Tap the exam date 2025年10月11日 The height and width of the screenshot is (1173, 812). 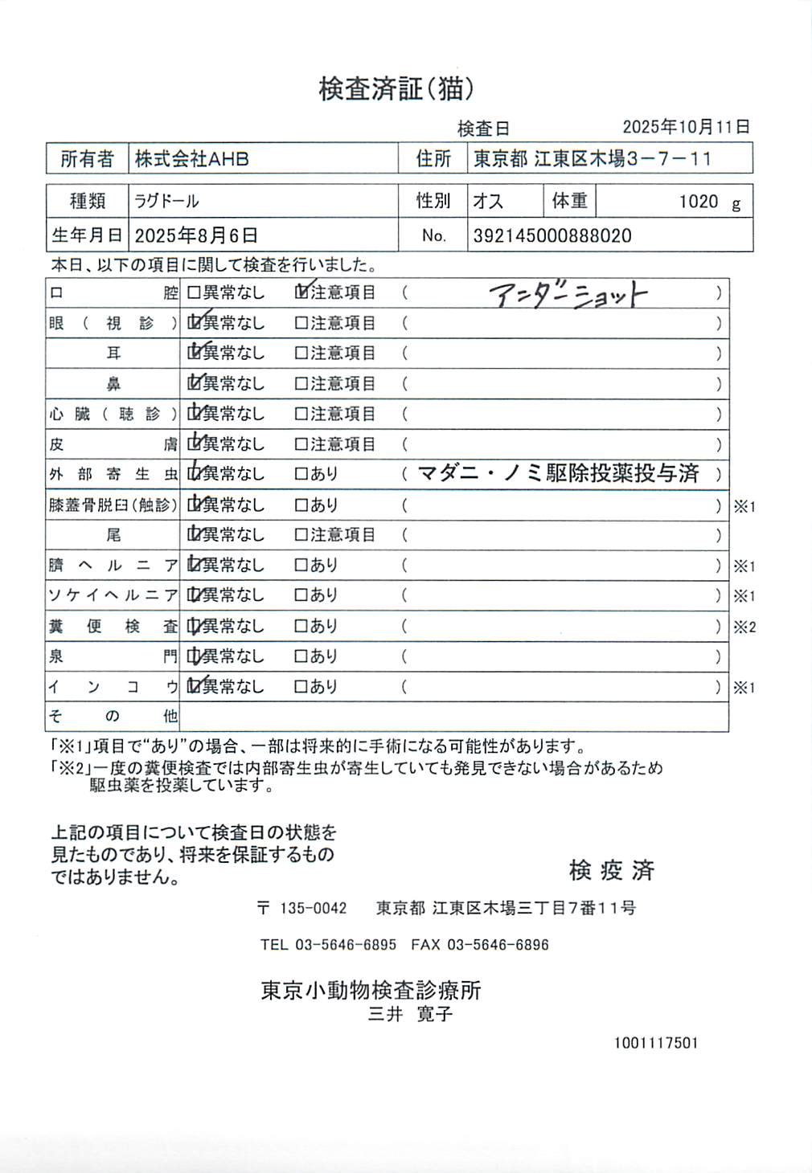[x=686, y=127]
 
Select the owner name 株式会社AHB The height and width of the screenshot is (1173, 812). [x=192, y=159]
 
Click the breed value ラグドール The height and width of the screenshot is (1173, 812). [x=166, y=201]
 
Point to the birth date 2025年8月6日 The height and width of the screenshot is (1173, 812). [x=196, y=235]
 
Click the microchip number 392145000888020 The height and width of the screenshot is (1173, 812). [x=552, y=235]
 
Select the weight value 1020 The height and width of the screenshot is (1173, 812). [x=698, y=202]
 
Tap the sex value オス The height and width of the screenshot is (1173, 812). [x=488, y=201]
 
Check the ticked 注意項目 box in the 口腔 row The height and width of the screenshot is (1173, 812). [x=302, y=292]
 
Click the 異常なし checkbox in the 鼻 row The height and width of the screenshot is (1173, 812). [x=194, y=383]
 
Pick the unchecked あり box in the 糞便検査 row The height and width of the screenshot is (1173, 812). [x=301, y=626]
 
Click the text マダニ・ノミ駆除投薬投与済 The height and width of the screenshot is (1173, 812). [x=558, y=473]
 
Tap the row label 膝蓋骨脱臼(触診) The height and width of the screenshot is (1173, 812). [x=113, y=505]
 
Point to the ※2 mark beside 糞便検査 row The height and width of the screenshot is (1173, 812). [x=744, y=627]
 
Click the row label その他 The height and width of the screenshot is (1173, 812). [x=113, y=716]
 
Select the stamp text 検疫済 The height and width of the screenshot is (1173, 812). [x=611, y=869]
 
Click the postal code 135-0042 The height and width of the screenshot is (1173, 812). [x=313, y=908]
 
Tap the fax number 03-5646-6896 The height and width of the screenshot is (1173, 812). [x=498, y=945]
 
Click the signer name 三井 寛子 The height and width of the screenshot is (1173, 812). [x=410, y=1014]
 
